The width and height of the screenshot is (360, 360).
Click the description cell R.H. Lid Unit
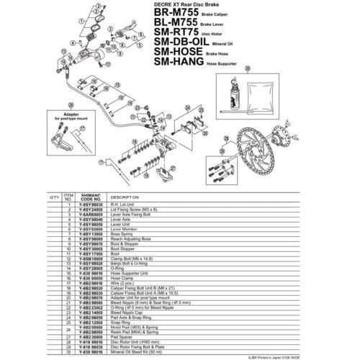[123, 204]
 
